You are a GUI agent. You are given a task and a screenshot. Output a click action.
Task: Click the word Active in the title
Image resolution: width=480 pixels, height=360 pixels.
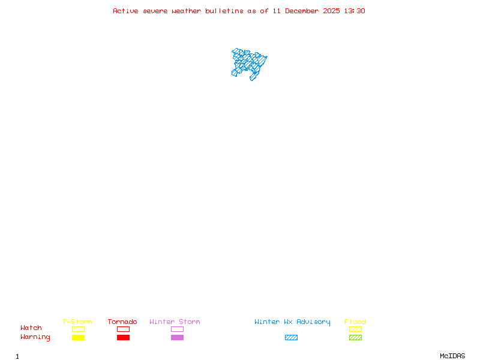coord(126,11)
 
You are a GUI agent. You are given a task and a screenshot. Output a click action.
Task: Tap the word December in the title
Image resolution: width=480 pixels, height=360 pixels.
coord(304,11)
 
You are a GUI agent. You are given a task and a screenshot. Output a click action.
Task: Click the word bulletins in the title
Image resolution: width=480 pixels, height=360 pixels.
coord(224,11)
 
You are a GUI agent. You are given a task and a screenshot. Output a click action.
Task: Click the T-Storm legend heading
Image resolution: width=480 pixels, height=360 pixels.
coord(77,322)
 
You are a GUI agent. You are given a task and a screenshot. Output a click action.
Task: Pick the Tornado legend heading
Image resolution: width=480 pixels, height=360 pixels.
coord(122,322)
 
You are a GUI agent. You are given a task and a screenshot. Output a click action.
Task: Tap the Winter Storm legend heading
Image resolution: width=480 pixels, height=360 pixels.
coord(175,322)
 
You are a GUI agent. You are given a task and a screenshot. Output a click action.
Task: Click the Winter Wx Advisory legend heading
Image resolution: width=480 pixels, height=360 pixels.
coord(292,322)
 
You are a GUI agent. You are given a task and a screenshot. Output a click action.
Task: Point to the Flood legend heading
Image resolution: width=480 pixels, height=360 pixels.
coord(355,322)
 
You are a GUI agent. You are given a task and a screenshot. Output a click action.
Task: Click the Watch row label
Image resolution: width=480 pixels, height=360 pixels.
coord(31,328)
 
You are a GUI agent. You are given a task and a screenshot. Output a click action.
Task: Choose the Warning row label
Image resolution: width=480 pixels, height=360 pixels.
coord(35,337)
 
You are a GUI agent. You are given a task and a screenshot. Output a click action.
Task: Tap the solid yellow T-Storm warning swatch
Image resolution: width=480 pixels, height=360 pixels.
coord(78,338)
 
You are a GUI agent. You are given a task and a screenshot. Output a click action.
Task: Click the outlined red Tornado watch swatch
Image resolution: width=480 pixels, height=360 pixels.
coord(123,329)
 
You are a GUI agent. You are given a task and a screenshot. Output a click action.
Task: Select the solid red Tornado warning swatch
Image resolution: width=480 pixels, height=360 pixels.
coord(123,338)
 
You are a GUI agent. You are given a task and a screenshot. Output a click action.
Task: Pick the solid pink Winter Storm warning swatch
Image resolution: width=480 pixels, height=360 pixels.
coord(177,338)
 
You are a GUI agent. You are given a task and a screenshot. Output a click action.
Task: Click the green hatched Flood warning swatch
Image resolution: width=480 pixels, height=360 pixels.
coord(355,338)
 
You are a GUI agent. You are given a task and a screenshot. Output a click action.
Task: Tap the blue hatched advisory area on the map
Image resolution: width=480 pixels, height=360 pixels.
coord(248,62)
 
